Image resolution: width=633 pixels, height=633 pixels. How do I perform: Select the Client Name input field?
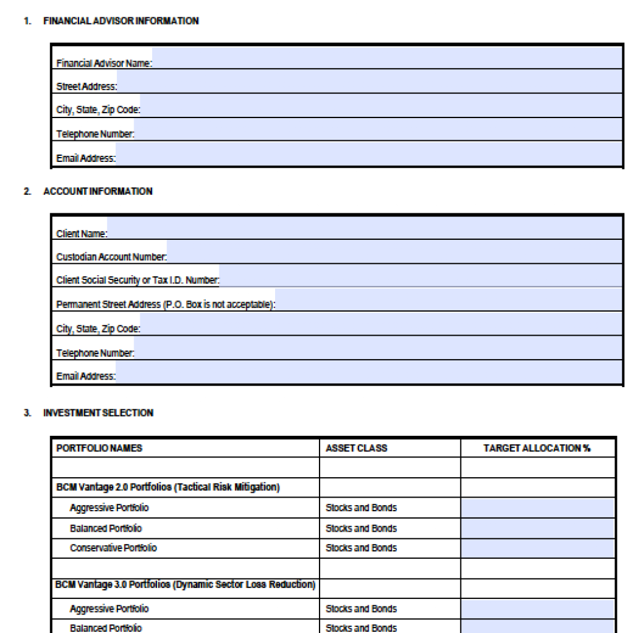point(365,228)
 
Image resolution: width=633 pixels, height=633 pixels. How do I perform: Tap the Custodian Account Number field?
point(394,252)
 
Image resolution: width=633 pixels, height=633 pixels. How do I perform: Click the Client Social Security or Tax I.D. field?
point(420,276)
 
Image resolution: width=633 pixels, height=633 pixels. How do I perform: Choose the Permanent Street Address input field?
point(449,300)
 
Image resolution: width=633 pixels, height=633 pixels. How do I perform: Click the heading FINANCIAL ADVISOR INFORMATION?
point(121,21)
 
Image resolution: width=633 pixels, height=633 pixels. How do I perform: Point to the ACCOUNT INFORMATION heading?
point(98,192)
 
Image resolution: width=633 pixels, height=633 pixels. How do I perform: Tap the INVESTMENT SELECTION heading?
point(98,413)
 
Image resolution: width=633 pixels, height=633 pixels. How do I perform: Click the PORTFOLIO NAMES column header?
point(99,448)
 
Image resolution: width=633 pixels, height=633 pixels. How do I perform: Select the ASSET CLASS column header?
point(356,448)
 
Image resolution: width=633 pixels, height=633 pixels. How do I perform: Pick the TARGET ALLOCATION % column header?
point(537,448)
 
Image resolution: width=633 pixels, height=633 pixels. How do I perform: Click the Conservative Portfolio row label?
point(113,548)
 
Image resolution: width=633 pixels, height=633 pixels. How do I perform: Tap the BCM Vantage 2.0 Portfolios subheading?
point(168,487)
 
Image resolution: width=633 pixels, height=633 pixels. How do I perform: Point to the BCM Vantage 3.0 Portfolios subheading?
point(185,585)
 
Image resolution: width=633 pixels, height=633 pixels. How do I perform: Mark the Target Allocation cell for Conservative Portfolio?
point(537,548)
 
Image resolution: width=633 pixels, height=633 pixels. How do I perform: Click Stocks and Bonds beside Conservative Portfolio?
point(361,548)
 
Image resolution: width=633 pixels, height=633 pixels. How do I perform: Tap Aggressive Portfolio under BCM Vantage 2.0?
point(109,508)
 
